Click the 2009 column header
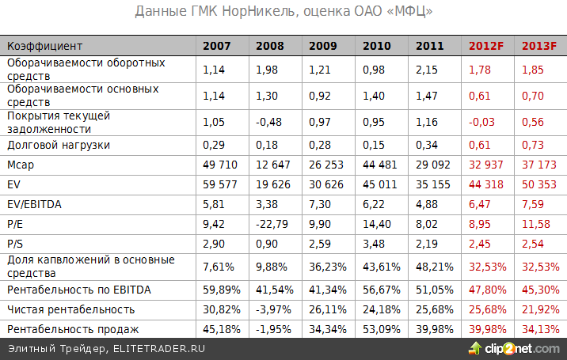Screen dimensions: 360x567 pyautogui.click(x=323, y=47)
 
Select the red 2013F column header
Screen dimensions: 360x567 pyautogui.click(x=538, y=47)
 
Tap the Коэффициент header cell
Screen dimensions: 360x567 pyautogui.click(x=44, y=47)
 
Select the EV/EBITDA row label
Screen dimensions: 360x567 pyautogui.click(x=36, y=204)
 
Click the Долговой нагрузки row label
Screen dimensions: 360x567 pyautogui.click(x=59, y=146)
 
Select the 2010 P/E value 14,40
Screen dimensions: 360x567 pyautogui.click(x=376, y=224)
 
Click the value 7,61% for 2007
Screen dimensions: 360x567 pyautogui.click(x=219, y=265)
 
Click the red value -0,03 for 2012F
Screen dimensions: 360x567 pyautogui.click(x=483, y=122)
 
